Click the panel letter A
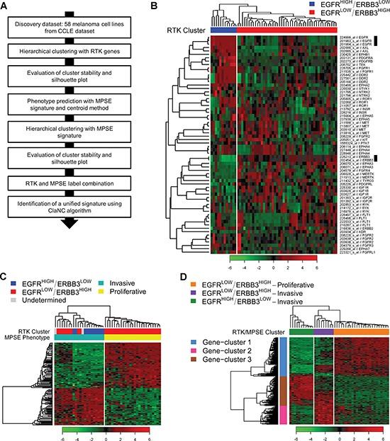5,5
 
